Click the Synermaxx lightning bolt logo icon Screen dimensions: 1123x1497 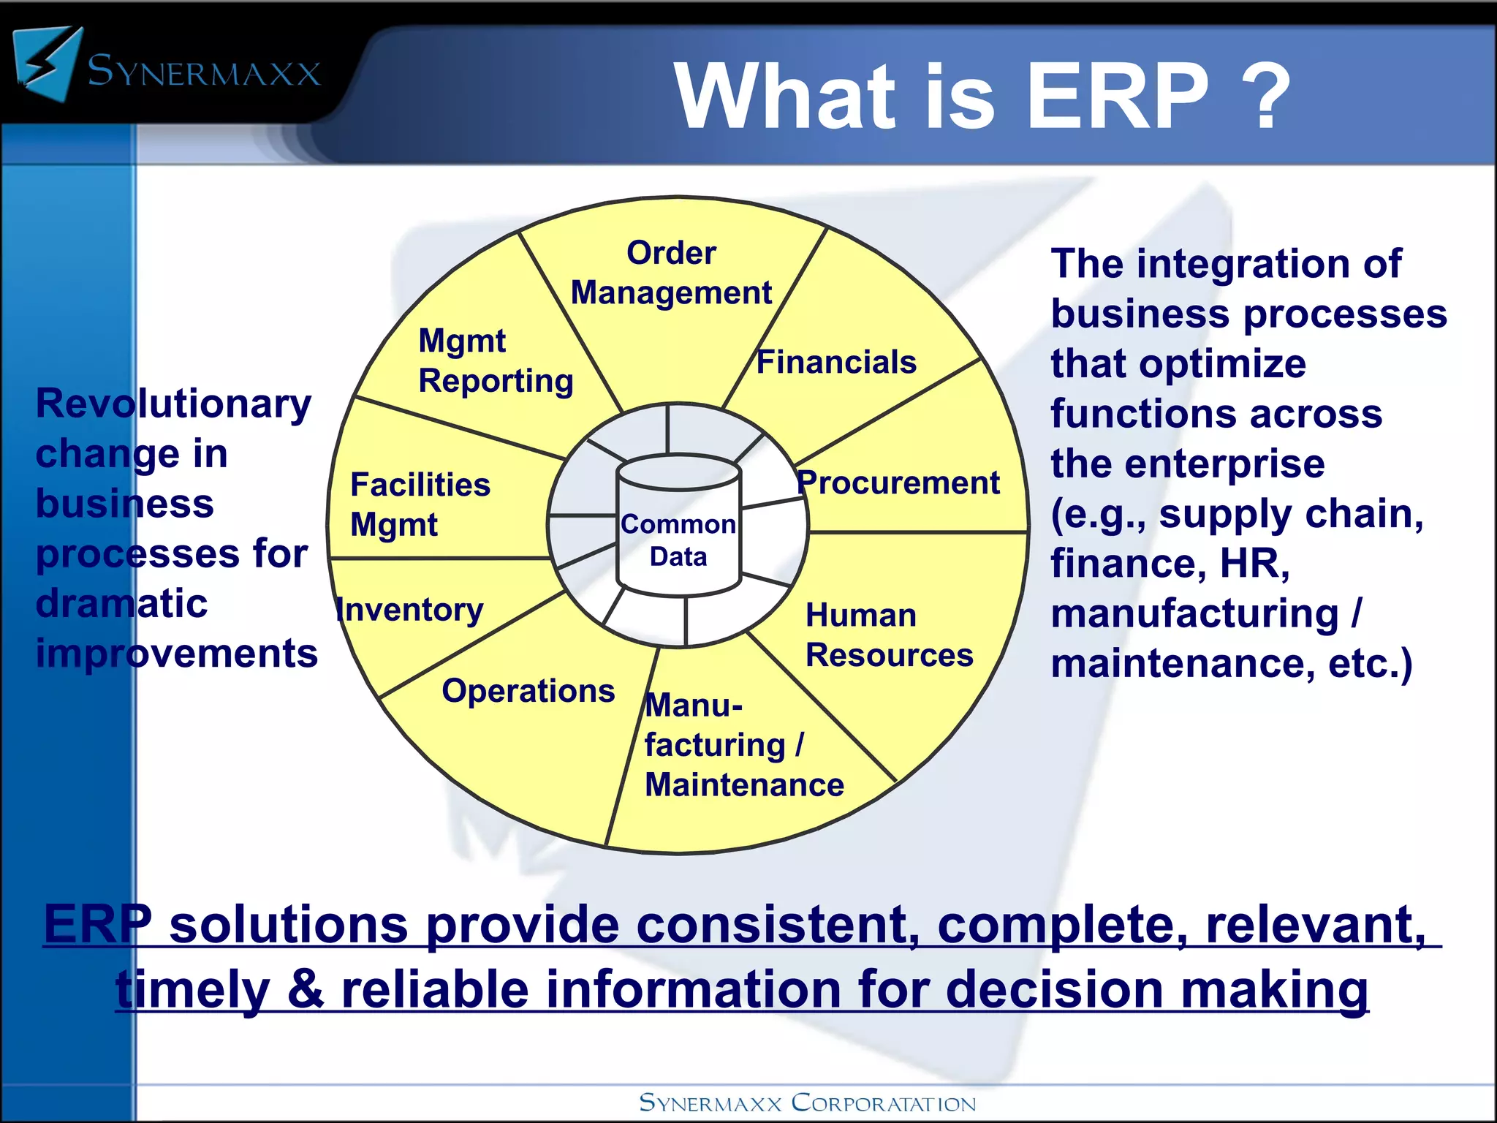[45, 64]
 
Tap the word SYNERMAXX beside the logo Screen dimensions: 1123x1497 [204, 72]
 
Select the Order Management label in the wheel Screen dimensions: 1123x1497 [671, 273]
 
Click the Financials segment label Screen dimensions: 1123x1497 [836, 362]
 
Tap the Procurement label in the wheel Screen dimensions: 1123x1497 [898, 483]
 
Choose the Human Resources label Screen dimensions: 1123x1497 [889, 635]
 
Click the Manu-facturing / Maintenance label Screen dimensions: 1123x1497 [743, 745]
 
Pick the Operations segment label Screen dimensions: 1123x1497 [528, 691]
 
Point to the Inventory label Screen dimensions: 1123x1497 [410, 610]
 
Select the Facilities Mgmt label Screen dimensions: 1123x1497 [420, 504]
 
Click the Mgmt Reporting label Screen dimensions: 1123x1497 [496, 360]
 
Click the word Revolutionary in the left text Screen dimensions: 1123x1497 [174, 404]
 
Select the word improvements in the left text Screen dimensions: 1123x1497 [177, 653]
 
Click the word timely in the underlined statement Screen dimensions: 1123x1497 [193, 989]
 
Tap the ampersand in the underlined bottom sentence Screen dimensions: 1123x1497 [306, 989]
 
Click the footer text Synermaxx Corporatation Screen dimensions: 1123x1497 [807, 1103]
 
